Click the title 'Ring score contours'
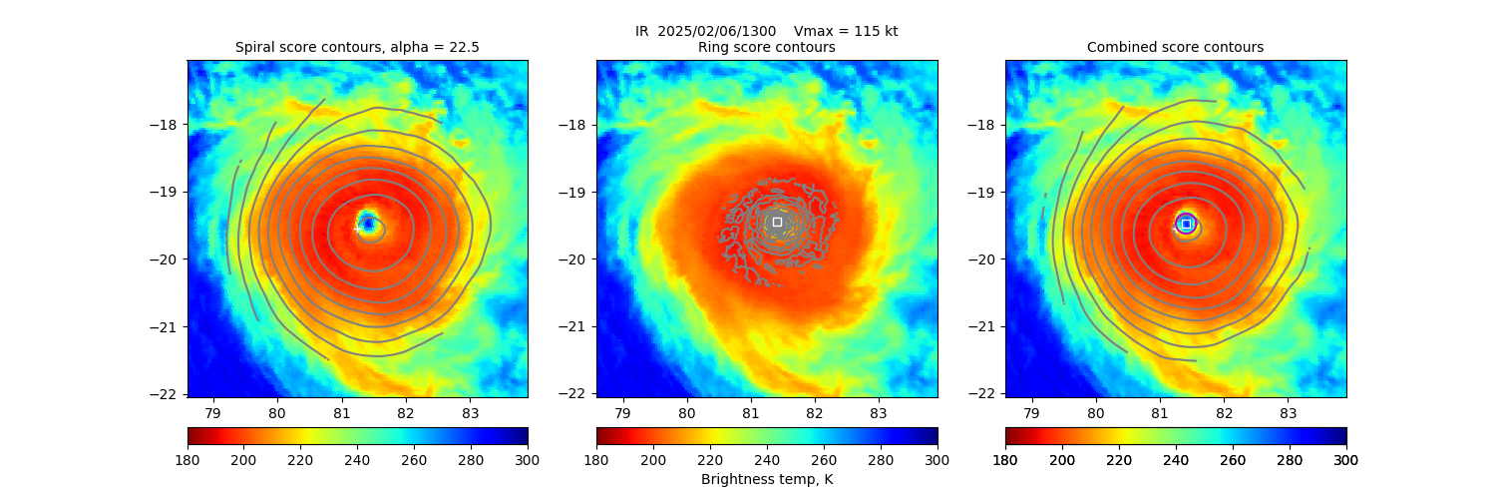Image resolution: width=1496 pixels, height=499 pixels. click(766, 47)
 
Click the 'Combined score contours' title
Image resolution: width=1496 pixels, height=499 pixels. click(1175, 47)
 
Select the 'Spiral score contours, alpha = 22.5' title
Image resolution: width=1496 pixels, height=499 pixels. click(357, 47)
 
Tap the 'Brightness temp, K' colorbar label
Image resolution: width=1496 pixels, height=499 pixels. click(766, 479)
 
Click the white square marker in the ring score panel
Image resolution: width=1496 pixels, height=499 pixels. click(777, 222)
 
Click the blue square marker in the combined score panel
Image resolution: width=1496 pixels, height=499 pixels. click(1186, 224)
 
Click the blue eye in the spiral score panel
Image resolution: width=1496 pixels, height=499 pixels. click(368, 223)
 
